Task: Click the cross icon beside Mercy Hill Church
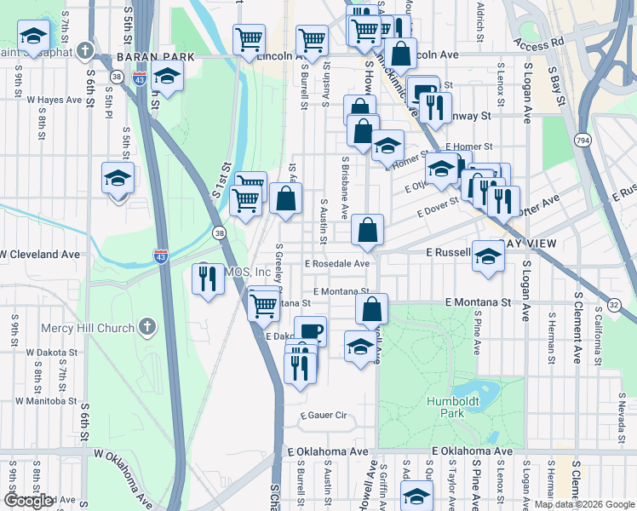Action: coord(147,327)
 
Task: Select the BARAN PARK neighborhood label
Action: coord(156,57)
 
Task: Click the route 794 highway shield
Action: coord(582,140)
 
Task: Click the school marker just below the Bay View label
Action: coord(488,255)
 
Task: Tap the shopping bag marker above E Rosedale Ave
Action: coord(368,230)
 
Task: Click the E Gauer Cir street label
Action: coord(324,416)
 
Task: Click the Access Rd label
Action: coord(540,41)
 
